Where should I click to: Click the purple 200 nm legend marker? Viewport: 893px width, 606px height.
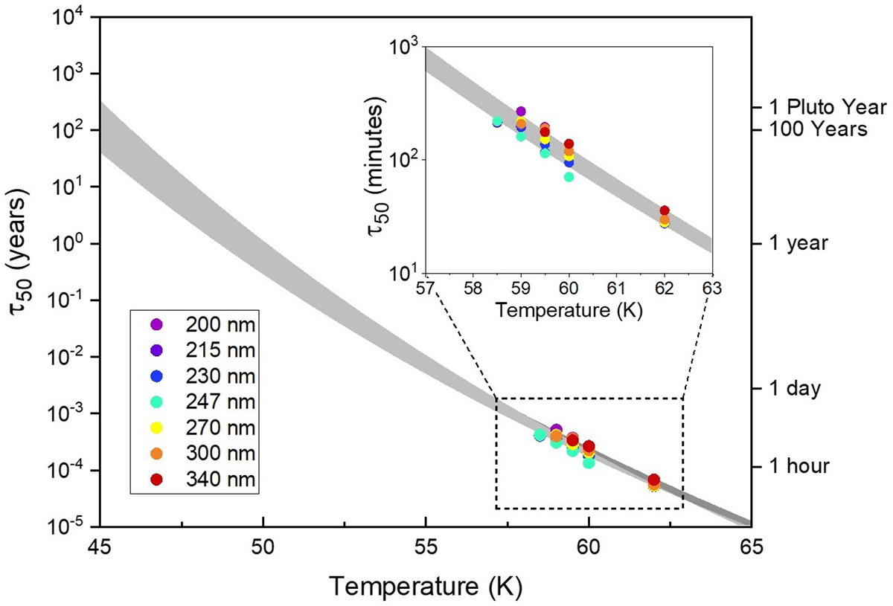(156, 324)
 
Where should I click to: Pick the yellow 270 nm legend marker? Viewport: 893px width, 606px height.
(156, 428)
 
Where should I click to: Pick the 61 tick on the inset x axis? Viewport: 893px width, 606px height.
(617, 288)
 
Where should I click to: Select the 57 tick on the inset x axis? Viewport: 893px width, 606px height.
(425, 288)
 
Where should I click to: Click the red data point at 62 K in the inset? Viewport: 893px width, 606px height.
(665, 211)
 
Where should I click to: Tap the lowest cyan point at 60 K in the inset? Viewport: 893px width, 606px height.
(569, 177)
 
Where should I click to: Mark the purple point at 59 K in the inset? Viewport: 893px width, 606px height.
(521, 112)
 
